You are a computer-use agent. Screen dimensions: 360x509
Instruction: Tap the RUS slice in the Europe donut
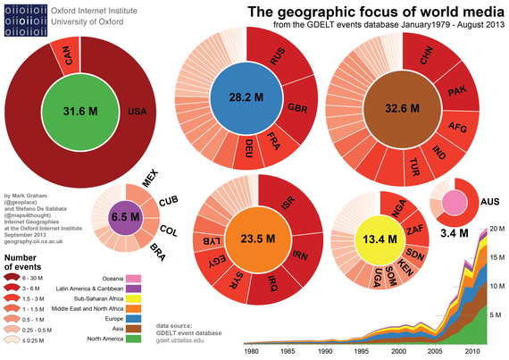click(279, 54)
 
